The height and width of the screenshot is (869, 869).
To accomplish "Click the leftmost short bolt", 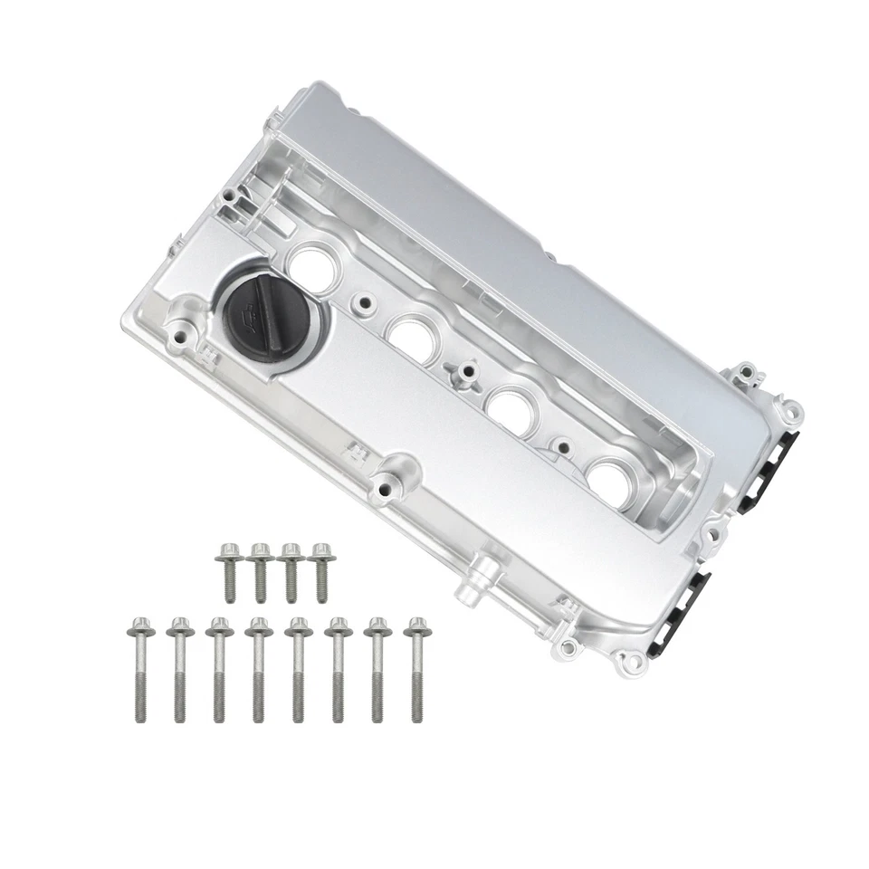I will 228,571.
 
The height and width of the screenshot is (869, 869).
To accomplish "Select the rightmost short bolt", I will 321,571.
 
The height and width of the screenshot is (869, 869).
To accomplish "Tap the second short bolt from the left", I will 260,571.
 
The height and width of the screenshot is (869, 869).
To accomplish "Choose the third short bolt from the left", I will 291,571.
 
